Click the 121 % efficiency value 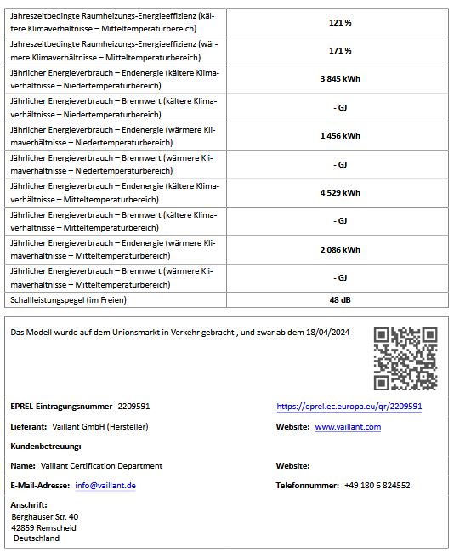[340, 22]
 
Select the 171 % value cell [340, 50]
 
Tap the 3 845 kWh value [340, 78]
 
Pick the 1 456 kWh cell [340, 135]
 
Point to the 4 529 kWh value [340, 192]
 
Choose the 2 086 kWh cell [340, 249]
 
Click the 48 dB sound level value [340, 299]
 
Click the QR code [406, 358]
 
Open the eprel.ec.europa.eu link [349, 407]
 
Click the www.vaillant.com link [348, 426]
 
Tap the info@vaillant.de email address [105, 485]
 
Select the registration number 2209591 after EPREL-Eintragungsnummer [133, 407]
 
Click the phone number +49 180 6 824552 [377, 485]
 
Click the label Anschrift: [29, 505]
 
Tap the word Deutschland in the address [37, 538]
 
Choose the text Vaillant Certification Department [101, 465]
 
